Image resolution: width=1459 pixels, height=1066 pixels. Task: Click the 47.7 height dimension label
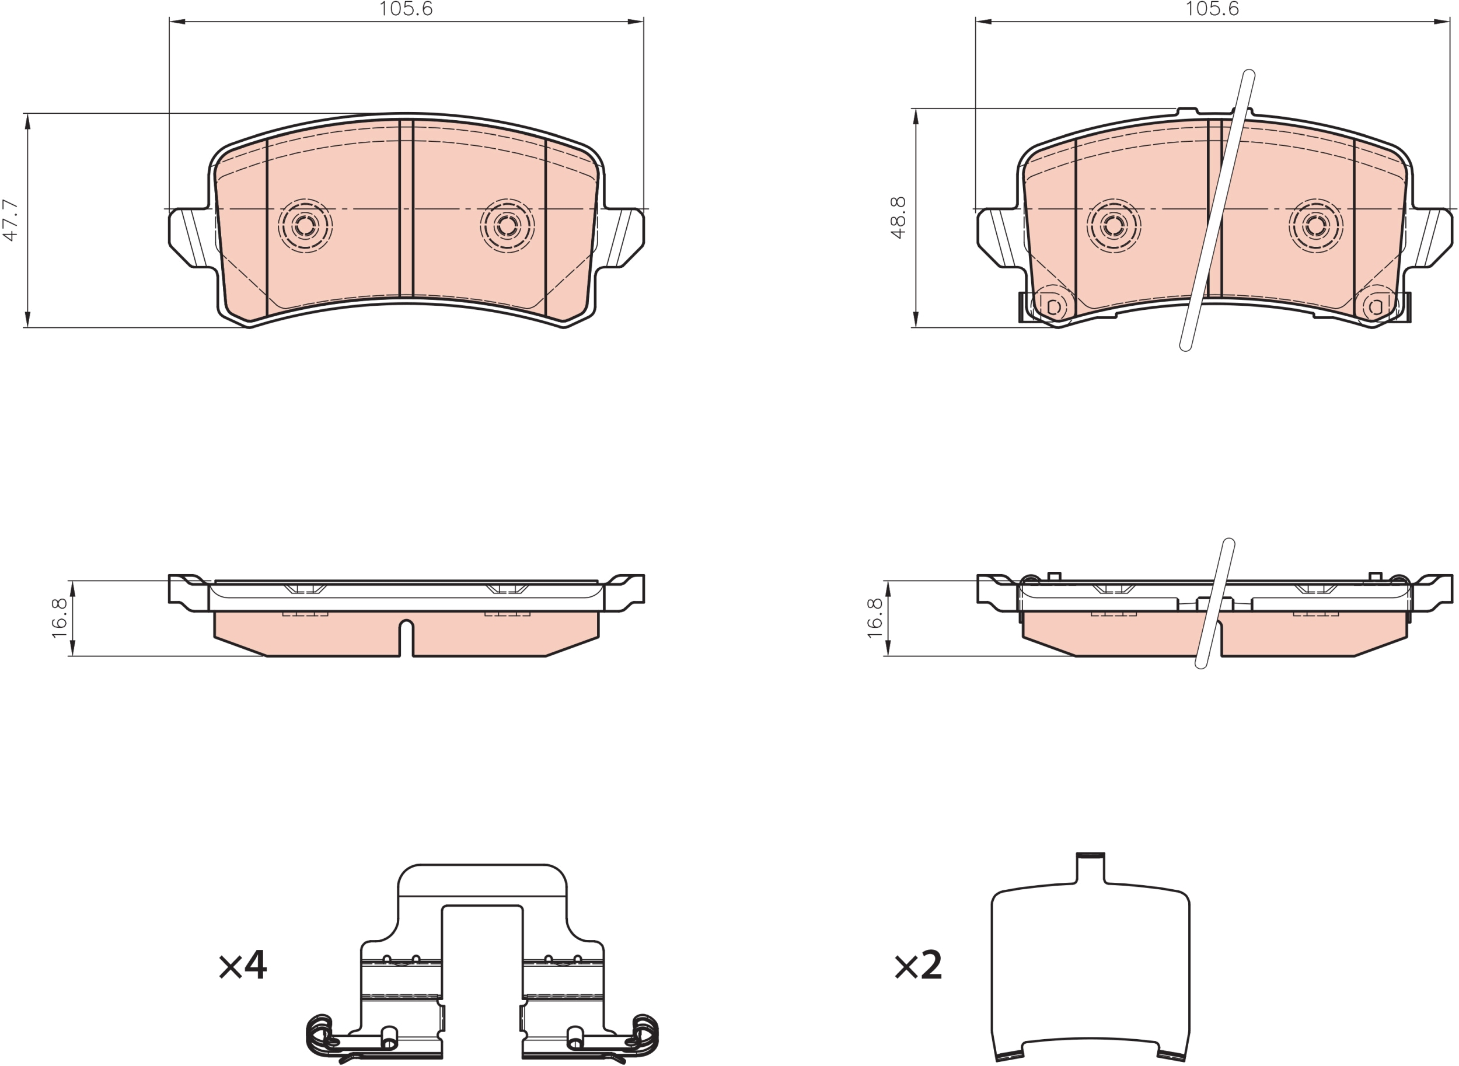coord(11,220)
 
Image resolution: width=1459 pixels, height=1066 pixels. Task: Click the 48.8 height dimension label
coord(898,218)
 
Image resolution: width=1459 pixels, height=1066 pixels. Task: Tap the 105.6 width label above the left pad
coord(405,9)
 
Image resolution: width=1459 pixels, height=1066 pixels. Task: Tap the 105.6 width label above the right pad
coord(1212,9)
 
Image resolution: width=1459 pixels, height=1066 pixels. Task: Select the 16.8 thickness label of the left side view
coord(60,618)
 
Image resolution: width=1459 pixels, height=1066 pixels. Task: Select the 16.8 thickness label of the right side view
coord(874,618)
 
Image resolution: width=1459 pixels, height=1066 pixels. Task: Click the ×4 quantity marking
coord(243,965)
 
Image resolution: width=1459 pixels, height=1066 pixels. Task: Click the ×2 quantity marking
coord(917,965)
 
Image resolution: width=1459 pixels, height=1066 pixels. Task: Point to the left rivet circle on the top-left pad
coord(305,225)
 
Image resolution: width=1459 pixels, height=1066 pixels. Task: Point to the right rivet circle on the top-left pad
coord(507,225)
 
